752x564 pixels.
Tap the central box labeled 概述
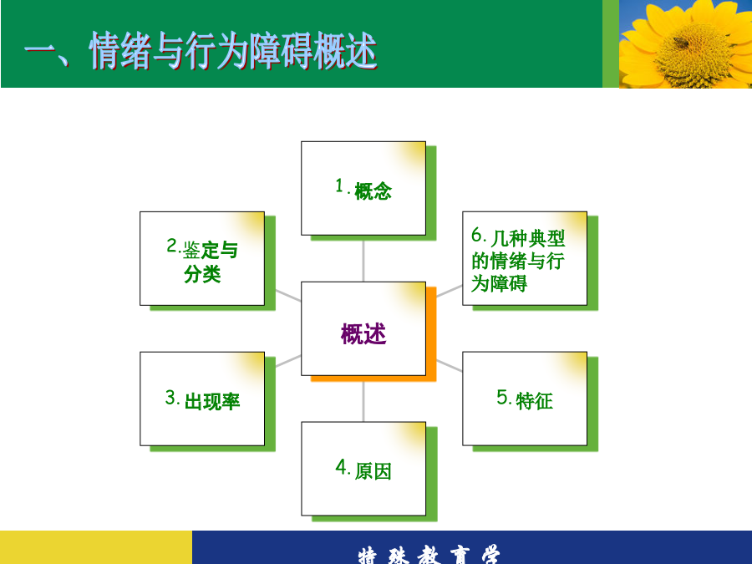tap(363, 328)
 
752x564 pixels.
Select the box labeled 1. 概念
tap(363, 188)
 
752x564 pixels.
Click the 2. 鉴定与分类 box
tap(202, 258)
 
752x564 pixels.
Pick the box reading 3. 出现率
tap(202, 399)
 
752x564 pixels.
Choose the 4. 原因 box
tap(363, 469)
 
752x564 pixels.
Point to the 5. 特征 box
tap(525, 399)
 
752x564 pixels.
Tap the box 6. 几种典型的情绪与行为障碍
tap(525, 258)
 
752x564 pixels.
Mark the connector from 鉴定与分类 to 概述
tap(288, 296)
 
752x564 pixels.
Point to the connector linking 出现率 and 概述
tap(288, 361)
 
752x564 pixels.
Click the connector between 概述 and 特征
tap(450, 365)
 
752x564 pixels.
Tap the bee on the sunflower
tap(681, 43)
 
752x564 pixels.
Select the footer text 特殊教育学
tap(429, 555)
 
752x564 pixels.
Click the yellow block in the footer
tap(96, 547)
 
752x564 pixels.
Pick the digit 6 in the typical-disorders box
tap(476, 235)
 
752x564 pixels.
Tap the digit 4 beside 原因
tap(341, 466)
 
